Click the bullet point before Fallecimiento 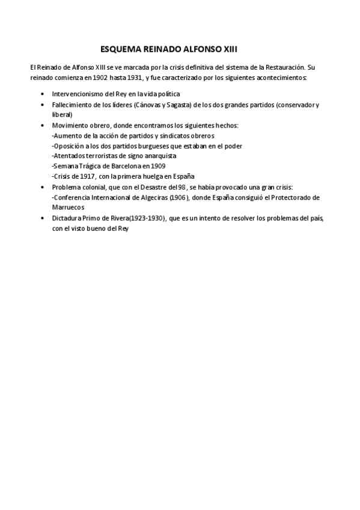(x=41, y=105)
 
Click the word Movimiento (x=71, y=125)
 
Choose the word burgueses (x=144, y=146)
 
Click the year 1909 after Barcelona (x=157, y=166)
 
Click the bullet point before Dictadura (x=41, y=217)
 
